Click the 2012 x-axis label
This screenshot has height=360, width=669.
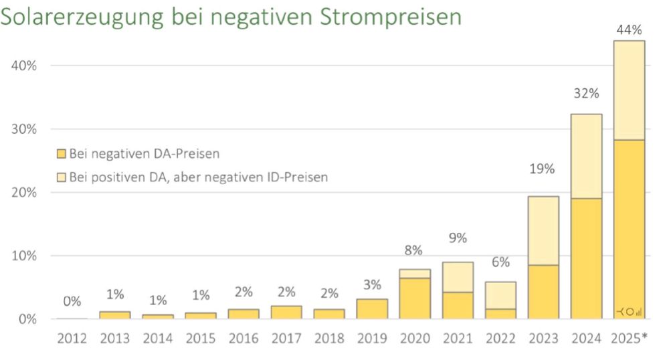tap(72, 339)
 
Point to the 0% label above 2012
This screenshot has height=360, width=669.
tap(73, 302)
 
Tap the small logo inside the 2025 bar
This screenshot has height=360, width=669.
tap(629, 311)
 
